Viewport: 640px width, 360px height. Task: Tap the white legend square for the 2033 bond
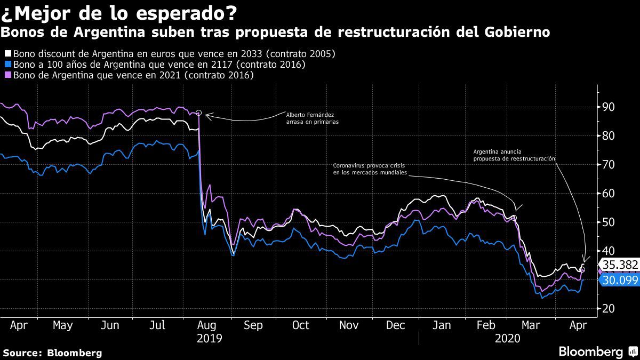tap(8, 54)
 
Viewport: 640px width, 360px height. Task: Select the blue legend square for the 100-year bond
tap(8, 65)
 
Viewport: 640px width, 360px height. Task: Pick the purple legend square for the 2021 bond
tap(8, 76)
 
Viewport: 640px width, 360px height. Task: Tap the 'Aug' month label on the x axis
tap(206, 325)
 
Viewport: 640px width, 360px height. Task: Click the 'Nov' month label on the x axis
tap(349, 325)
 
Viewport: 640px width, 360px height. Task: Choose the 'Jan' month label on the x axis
tap(442, 325)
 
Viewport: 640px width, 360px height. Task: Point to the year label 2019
tap(209, 338)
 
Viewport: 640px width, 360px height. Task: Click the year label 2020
tap(507, 338)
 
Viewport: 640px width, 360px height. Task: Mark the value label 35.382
tap(619, 265)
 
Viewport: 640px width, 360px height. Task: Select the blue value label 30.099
tap(619, 279)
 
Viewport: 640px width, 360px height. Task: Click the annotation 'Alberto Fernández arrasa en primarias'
tap(312, 118)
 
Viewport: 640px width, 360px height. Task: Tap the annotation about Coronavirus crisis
tap(370, 169)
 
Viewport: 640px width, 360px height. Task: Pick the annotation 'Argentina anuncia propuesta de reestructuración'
tap(514, 155)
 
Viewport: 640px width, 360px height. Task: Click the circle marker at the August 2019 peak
tap(198, 113)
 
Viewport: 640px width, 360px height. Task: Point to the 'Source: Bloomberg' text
tap(52, 353)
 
